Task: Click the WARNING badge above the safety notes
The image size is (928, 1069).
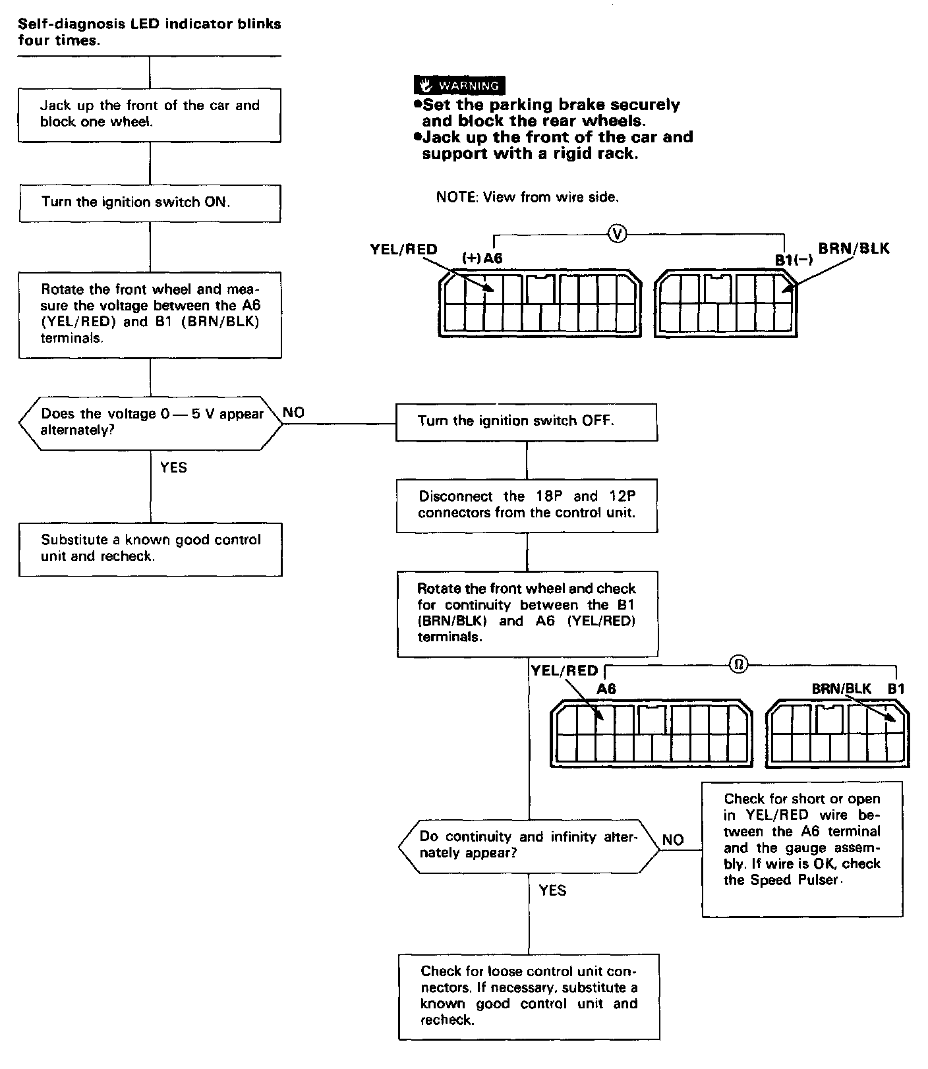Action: click(459, 86)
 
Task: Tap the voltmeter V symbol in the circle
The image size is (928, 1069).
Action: click(618, 233)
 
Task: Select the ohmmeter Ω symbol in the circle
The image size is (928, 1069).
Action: click(739, 664)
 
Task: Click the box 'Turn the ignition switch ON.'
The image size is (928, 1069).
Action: click(150, 203)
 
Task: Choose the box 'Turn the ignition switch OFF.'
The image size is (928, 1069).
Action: click(526, 422)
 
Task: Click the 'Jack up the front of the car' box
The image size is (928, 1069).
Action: click(150, 114)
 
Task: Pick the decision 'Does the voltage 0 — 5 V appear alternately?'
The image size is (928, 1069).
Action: click(151, 422)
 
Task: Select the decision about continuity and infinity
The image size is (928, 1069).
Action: click(529, 846)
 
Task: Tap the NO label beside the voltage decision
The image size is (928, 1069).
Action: click(294, 413)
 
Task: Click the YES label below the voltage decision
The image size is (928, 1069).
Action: click(174, 468)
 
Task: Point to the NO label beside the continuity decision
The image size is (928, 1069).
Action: click(673, 840)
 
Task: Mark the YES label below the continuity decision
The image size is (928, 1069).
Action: click(552, 891)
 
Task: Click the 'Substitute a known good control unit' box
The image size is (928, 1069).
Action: click(150, 549)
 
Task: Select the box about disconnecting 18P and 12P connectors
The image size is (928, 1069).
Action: click(527, 505)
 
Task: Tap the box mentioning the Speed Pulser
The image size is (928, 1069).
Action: click(802, 849)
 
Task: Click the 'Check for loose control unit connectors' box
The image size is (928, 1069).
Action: click(529, 996)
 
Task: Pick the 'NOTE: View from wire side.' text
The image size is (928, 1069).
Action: click(527, 197)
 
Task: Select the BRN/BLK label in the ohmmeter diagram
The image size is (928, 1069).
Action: click(841, 689)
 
